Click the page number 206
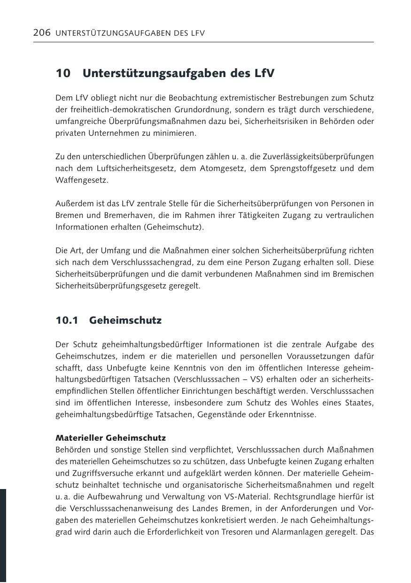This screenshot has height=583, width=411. [42, 33]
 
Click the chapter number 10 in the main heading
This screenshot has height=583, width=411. [63, 74]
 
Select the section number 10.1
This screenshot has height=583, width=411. [66, 320]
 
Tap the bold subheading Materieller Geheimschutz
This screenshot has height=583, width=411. [110, 437]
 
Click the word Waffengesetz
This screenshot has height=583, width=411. [81, 180]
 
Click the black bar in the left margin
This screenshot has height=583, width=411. [3, 535]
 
